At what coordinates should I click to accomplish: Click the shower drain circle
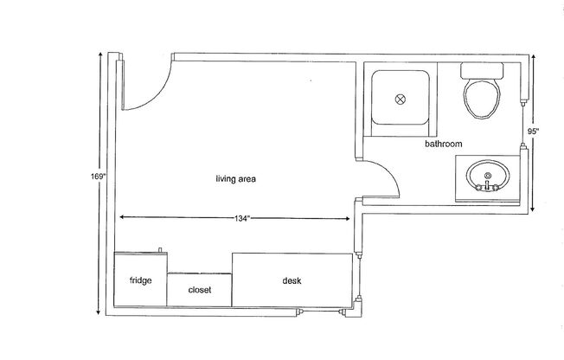click(401, 100)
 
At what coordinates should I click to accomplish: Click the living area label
click(236, 179)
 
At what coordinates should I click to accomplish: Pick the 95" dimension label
click(533, 132)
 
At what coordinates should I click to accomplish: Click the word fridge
click(141, 281)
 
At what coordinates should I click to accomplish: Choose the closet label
click(200, 290)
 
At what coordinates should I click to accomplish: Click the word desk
click(292, 281)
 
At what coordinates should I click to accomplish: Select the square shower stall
click(401, 100)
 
